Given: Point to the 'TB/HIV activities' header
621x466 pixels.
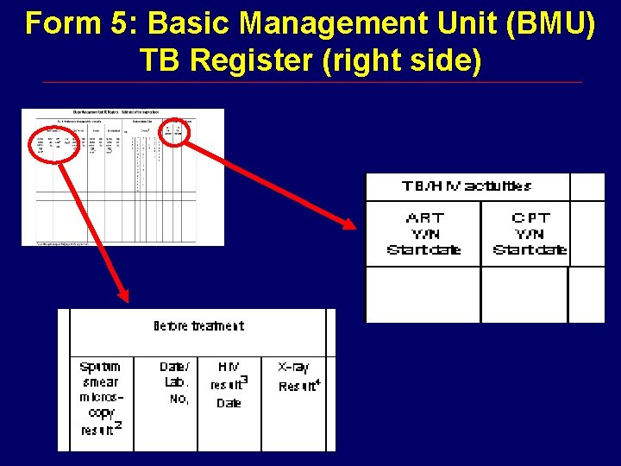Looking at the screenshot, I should pyautogui.click(x=467, y=186).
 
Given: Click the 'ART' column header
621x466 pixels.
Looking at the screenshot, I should pyautogui.click(x=423, y=217).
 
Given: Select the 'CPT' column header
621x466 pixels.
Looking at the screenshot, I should pyautogui.click(x=530, y=217).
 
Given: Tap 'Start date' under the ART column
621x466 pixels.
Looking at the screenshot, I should pyautogui.click(x=423, y=250).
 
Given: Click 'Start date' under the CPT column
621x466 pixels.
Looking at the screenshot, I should pyautogui.click(x=530, y=250).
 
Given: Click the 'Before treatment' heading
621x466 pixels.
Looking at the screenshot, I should pyautogui.click(x=198, y=326).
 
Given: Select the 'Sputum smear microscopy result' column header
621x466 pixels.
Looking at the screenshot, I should pyautogui.click(x=101, y=398).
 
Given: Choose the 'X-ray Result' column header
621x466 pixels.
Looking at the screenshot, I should pyautogui.click(x=298, y=377).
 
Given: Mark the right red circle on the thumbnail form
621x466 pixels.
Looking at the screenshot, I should pyautogui.click(x=178, y=130).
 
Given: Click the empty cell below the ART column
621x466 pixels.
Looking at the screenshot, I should pyautogui.click(x=423, y=294).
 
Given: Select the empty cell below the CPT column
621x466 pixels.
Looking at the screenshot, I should pyautogui.click(x=524, y=294).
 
